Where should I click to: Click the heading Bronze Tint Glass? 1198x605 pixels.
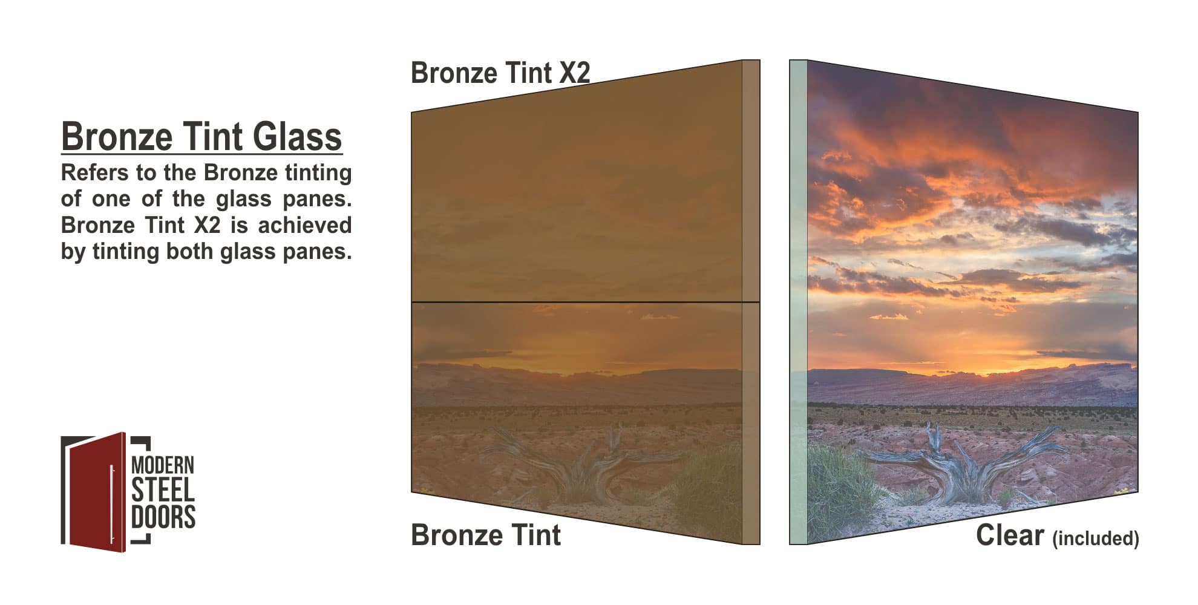[x=201, y=136]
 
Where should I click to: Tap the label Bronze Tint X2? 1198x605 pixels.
[x=500, y=73]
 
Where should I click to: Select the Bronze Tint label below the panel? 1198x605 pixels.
[x=486, y=535]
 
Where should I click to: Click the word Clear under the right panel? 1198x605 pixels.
[x=1010, y=535]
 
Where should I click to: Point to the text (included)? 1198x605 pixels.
[x=1096, y=538]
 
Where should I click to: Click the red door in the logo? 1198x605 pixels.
[x=97, y=491]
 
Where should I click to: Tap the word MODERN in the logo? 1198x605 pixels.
[x=163, y=465]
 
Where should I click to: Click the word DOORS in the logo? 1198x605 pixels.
[x=163, y=517]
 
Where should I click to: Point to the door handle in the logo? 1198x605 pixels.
[x=112, y=504]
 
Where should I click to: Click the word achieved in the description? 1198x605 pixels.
[x=305, y=225]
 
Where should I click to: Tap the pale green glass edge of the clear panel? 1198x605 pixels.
[x=798, y=302]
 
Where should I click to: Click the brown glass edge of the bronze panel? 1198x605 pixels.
[x=751, y=302]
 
